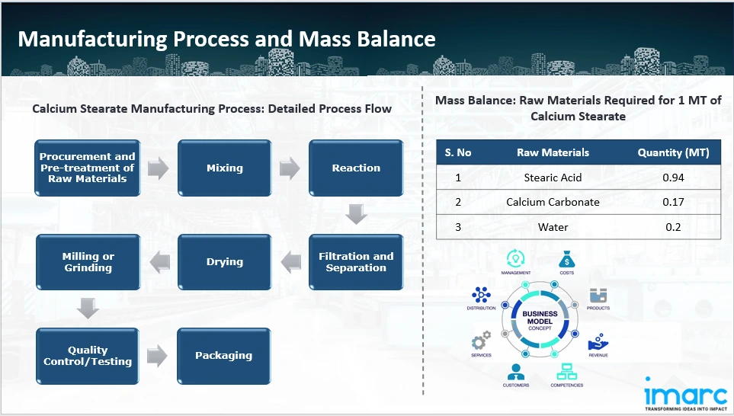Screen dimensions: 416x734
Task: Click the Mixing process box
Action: coord(225,168)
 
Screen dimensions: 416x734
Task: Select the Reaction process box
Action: coord(356,168)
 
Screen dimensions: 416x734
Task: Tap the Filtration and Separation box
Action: coord(356,262)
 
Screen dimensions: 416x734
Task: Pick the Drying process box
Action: coord(225,262)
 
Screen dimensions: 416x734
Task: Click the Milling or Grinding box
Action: coord(88,262)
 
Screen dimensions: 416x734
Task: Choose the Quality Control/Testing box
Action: coord(88,356)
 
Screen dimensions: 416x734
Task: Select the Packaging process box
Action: coord(223,356)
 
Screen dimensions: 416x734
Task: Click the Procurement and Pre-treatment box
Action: coord(88,168)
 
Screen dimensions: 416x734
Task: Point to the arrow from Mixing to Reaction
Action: coord(290,168)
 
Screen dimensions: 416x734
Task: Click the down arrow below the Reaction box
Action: coord(356,214)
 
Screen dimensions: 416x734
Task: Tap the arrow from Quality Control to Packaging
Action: coord(158,356)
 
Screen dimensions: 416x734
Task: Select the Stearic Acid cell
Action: coord(553,178)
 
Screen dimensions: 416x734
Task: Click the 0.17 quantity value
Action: coord(673,202)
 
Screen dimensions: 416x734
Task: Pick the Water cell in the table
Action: coord(553,226)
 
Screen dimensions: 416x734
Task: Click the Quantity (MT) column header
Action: coord(673,152)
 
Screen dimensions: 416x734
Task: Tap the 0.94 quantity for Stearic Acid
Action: coord(673,178)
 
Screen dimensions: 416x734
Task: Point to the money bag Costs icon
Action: coord(566,259)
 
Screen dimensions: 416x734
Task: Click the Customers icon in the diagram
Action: coord(515,373)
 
